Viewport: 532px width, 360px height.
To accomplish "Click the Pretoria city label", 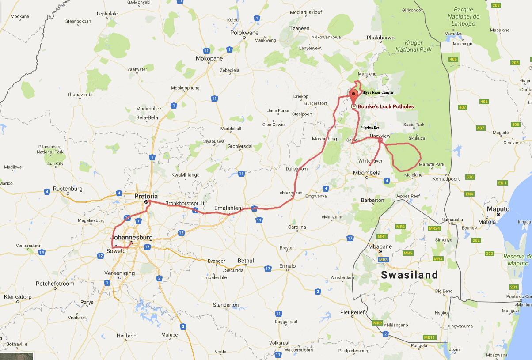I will pos(146,196).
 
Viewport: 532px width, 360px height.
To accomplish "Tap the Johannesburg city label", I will pos(132,238).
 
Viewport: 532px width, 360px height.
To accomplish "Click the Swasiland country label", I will pos(410,275).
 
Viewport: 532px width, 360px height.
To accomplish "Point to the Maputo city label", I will pos(498,209).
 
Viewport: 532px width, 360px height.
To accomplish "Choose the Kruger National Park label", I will pos(414,46).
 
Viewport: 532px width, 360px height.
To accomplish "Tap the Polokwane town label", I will pos(244,33).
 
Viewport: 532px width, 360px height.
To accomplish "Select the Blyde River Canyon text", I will pos(378,92).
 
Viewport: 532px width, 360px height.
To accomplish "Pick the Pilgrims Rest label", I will pos(370,128).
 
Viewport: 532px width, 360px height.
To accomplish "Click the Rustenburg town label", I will pos(68,189).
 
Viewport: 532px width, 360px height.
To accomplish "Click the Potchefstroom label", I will pos(55,284).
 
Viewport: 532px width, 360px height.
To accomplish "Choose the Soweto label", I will pos(116,251).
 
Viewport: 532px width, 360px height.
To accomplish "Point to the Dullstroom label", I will pos(296,169).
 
